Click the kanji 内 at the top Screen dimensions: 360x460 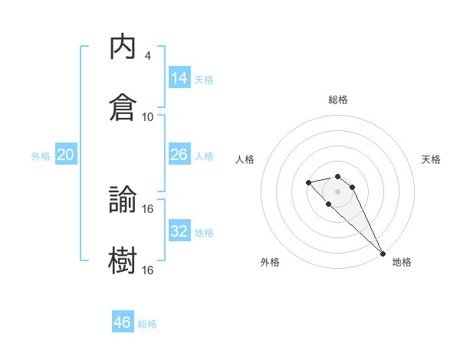pos(123,47)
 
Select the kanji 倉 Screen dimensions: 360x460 pos(123,106)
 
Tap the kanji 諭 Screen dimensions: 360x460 pos(123,200)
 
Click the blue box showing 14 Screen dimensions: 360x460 pos(179,77)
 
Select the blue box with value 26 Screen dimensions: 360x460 pos(179,155)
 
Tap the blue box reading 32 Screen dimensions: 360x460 pos(179,231)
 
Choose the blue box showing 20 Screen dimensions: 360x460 pos(65,155)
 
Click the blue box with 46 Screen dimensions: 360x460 pos(123,322)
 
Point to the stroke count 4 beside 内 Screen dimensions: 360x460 pos(147,56)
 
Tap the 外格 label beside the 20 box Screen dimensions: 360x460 pos(41,156)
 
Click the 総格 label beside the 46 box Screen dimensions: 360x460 pos(147,324)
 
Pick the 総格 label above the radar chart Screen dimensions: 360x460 pos(338,100)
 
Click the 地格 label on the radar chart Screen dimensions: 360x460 pos(402,262)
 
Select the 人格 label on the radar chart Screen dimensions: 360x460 pos(245,159)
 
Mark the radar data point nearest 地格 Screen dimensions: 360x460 pos(383,254)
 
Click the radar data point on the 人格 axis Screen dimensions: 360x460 pos(308,182)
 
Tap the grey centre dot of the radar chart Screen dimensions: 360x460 pos(338,191)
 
